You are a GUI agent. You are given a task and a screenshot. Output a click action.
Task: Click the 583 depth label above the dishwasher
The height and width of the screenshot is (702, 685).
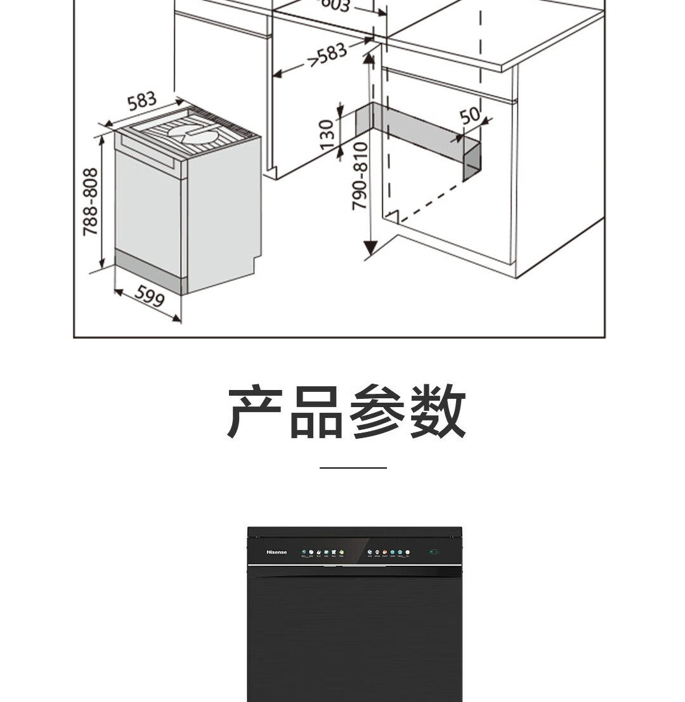pos(141,101)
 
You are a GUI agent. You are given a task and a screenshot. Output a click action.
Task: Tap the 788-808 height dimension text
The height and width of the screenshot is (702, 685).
pos(91,201)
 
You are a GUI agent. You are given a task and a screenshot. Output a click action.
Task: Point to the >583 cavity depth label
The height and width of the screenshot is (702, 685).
pos(328,56)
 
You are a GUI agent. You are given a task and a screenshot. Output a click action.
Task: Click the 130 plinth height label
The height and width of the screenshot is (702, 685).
pos(326,134)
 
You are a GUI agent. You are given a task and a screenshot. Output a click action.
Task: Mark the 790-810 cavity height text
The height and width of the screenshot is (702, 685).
pos(360,176)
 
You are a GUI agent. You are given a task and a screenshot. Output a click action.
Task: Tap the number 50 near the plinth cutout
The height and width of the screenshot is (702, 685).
pos(469,115)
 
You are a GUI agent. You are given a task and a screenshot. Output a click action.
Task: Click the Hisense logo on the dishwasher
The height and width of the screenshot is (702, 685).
pos(276,552)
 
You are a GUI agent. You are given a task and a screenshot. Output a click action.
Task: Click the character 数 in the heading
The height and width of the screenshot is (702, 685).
pos(437,412)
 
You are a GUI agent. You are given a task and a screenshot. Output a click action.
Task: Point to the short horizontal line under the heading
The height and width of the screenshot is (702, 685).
pos(353,468)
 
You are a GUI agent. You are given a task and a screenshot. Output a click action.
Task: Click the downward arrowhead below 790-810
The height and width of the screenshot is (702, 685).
pos(370,249)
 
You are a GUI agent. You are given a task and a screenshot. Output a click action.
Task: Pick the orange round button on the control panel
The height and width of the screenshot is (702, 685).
pos(384,552)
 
